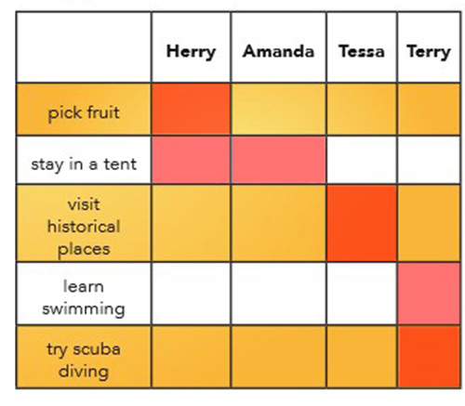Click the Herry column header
(x=191, y=51)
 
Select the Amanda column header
(x=278, y=51)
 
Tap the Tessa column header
(x=362, y=51)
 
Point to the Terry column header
(x=429, y=52)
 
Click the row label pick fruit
(x=84, y=112)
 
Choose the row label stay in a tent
(x=84, y=164)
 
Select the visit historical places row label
(x=84, y=227)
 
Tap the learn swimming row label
(x=84, y=297)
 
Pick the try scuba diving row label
(x=84, y=360)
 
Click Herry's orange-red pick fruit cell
(x=191, y=109)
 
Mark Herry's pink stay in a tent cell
(x=191, y=160)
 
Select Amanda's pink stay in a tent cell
(x=278, y=160)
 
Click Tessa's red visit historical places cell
(x=362, y=223)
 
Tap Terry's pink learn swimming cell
(x=429, y=294)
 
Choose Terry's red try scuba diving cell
(x=429, y=357)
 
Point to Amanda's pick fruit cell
(x=278, y=109)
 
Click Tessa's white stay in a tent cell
(x=362, y=160)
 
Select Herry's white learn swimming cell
(x=191, y=294)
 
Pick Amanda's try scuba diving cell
(x=278, y=357)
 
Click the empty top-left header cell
(x=84, y=47)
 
